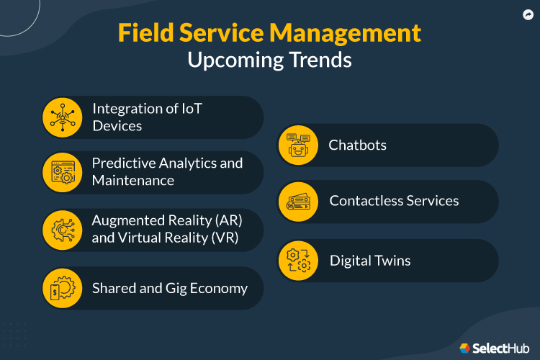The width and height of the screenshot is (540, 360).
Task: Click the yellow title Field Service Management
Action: (x=269, y=33)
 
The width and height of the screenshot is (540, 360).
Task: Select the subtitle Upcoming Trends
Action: (x=269, y=60)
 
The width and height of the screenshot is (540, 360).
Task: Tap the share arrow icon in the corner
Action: (x=526, y=14)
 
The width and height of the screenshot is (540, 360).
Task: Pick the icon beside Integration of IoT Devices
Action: (x=63, y=117)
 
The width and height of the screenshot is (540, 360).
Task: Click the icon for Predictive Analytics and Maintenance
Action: (x=63, y=171)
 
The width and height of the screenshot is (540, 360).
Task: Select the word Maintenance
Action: (x=133, y=180)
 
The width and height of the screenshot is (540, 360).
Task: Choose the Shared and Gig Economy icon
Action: (x=63, y=288)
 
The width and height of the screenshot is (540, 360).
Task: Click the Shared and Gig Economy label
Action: (x=169, y=288)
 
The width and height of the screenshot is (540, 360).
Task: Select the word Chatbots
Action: (x=358, y=145)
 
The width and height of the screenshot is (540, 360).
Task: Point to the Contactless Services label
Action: (x=394, y=201)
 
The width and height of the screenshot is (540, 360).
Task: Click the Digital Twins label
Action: (x=370, y=260)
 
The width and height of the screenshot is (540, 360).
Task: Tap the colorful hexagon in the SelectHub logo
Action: (x=465, y=348)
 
